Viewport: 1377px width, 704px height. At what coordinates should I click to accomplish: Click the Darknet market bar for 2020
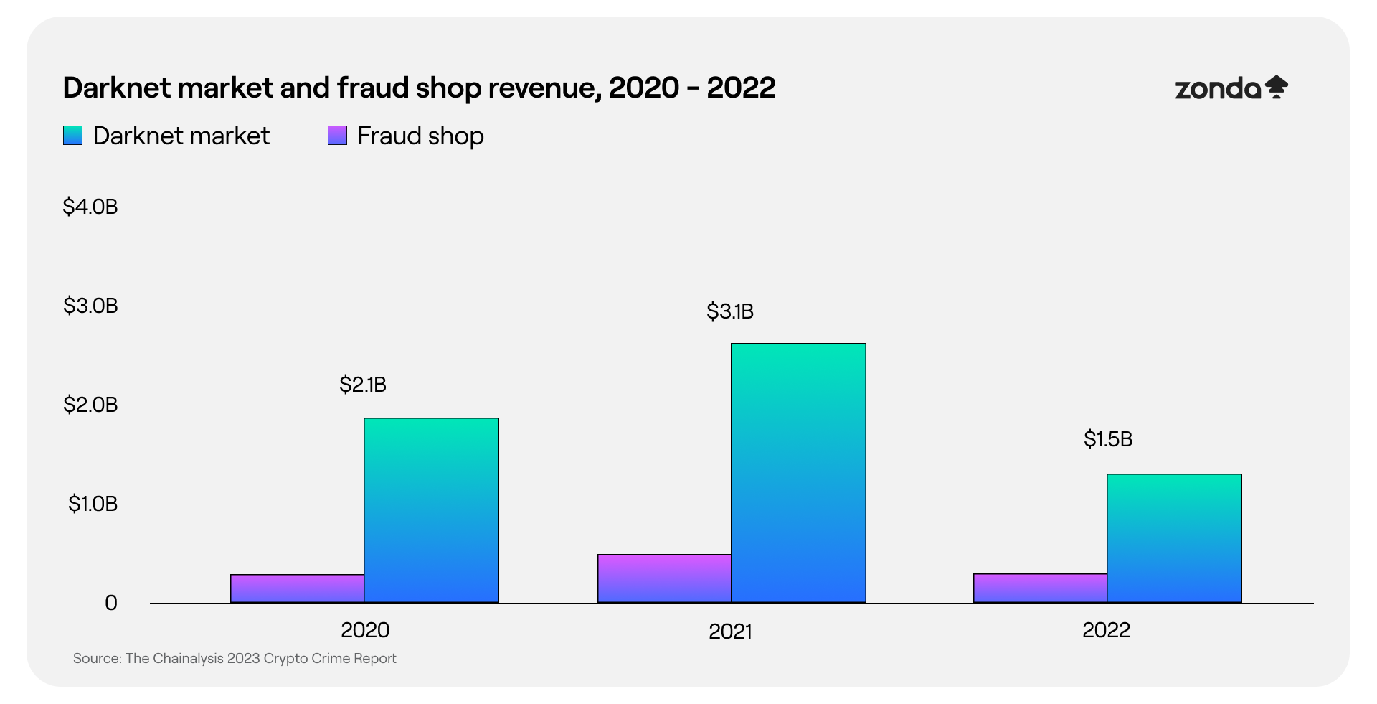pyautogui.click(x=431, y=510)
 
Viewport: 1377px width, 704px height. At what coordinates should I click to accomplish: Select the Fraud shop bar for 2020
pyautogui.click(x=297, y=588)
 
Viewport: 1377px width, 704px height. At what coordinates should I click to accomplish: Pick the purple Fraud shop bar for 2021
pyautogui.click(x=664, y=578)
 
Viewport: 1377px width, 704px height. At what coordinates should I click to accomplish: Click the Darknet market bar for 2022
pyautogui.click(x=1174, y=538)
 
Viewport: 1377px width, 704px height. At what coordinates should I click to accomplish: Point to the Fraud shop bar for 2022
pyautogui.click(x=1040, y=588)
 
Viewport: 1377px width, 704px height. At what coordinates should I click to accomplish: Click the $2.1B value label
pyautogui.click(x=363, y=385)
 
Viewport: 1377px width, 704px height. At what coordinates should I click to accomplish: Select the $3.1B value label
pyautogui.click(x=730, y=311)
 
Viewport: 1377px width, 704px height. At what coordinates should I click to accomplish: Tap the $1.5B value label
pyautogui.click(x=1108, y=438)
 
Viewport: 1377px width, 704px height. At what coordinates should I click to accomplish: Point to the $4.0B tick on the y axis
pyautogui.click(x=90, y=207)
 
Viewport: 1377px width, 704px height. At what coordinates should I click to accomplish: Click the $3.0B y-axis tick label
pyautogui.click(x=90, y=306)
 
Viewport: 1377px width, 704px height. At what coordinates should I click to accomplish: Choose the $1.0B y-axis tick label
pyautogui.click(x=93, y=504)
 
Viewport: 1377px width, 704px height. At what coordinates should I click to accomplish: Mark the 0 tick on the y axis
pyautogui.click(x=111, y=603)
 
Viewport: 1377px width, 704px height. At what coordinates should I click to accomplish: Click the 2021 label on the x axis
pyautogui.click(x=730, y=631)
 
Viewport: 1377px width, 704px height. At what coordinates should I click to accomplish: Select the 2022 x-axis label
pyautogui.click(x=1106, y=629)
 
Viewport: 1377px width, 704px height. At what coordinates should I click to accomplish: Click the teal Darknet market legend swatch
pyautogui.click(x=72, y=136)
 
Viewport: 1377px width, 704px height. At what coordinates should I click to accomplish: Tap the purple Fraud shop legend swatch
pyautogui.click(x=337, y=136)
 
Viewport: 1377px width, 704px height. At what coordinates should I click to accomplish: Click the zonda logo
pyautogui.click(x=1231, y=88)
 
